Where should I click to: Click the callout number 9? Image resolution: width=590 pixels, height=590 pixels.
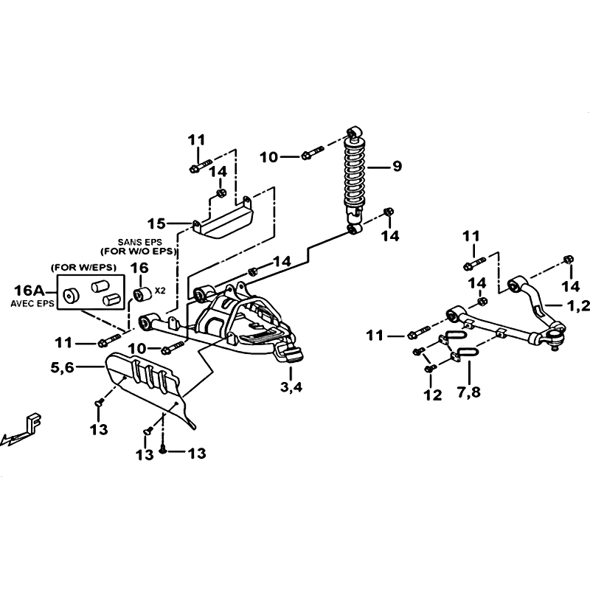pos(397,166)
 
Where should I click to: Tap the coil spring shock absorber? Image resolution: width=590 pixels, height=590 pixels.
pos(354,181)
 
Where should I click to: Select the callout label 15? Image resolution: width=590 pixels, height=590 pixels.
pos(156,224)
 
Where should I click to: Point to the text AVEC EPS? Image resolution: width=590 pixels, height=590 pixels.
pos(32,304)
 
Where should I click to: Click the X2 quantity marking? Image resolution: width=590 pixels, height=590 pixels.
pos(160,291)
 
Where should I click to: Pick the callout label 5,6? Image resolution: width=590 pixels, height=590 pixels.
pos(63,367)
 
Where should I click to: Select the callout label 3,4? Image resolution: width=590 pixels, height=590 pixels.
pos(291,386)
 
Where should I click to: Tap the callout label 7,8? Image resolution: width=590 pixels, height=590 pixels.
pos(469,392)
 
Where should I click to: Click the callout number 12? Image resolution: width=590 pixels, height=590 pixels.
pos(432,395)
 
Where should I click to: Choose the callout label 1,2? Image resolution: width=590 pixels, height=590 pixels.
pos(579,307)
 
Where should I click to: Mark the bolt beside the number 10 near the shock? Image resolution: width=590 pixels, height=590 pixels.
pos(312,153)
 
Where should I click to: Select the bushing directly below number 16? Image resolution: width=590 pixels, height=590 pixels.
pos(143,294)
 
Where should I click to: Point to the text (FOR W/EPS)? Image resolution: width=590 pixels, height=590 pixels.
pos(83,268)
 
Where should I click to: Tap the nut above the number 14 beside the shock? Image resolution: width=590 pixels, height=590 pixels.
pos(389,212)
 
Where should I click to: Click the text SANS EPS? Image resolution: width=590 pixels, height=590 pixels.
pos(139,242)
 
